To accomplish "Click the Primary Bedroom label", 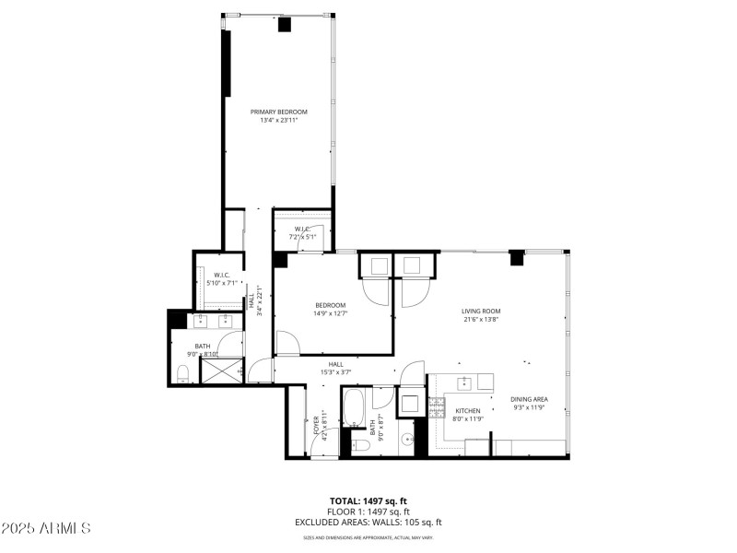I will [279, 112].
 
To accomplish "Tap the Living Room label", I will [480, 311].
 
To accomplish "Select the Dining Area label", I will [529, 399].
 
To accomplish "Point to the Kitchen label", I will [468, 410].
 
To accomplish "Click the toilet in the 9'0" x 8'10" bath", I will [182, 373].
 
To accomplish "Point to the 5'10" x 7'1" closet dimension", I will [222, 283].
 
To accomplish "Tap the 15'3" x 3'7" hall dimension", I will [336, 373].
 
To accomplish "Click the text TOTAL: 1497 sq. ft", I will [368, 501].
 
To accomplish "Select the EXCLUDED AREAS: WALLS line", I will [368, 522].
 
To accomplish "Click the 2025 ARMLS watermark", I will [46, 528].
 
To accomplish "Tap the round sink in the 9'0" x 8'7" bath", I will [406, 441].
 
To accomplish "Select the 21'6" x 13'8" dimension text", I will [480, 320].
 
